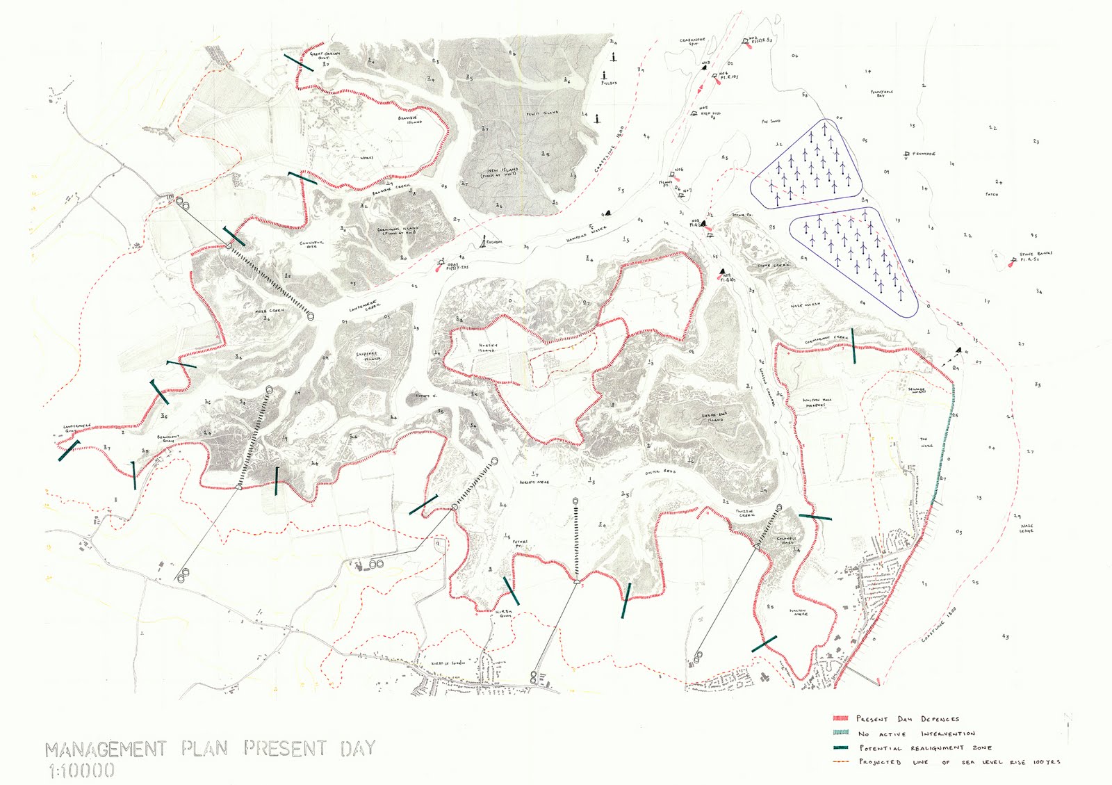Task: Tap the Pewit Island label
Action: coord(542,113)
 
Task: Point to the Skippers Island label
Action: coord(368,356)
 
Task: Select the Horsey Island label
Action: coord(488,347)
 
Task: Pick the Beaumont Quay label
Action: coord(168,439)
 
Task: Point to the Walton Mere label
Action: coord(799,613)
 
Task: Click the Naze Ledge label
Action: coord(1027,528)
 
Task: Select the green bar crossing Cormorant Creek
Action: coord(853,346)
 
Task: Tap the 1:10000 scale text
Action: coord(81,770)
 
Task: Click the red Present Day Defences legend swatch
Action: coord(841,718)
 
